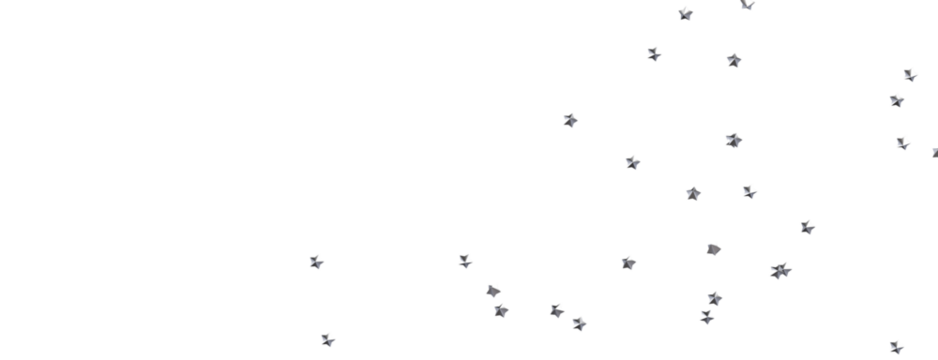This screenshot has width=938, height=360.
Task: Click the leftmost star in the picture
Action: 316,262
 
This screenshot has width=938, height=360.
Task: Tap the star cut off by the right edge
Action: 934,152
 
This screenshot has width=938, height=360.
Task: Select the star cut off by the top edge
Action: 747,4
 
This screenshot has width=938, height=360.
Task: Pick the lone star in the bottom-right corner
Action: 896,346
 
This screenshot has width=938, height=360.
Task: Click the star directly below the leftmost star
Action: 327,339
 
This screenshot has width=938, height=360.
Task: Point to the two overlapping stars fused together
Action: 780,270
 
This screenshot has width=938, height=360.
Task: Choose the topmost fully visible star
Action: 685,13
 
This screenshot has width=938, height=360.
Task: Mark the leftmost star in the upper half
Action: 570,120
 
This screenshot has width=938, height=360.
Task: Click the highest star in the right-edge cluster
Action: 910,74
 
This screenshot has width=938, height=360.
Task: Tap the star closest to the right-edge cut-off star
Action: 903,142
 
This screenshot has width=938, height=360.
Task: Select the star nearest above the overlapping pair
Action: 807,227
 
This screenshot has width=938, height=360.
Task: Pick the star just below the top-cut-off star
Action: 734,60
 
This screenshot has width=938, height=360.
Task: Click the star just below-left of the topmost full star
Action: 654,53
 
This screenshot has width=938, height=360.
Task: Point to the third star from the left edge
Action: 465,261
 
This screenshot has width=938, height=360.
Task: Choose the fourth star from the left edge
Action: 493,290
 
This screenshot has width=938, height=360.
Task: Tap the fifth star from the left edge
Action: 501,310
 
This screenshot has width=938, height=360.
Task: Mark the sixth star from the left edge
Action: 557,310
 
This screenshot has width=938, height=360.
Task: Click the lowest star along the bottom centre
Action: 579,323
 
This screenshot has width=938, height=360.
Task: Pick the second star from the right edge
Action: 910,74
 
